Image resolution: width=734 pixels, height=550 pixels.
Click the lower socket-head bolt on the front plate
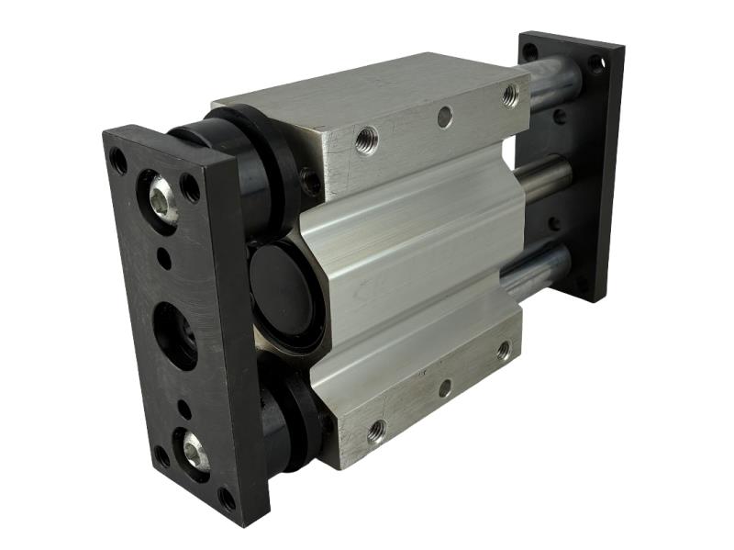(195, 450)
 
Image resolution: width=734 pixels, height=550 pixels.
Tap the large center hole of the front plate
(174, 335)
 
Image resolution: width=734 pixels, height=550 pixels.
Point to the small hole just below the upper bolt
(164, 259)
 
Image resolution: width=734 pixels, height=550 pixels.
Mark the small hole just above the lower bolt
(184, 410)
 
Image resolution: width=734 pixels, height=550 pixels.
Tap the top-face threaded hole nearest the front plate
(366, 141)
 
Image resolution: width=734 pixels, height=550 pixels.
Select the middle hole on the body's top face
(444, 117)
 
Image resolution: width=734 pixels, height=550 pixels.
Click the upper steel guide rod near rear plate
(550, 83)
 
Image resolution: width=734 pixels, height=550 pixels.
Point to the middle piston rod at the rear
(541, 174)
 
